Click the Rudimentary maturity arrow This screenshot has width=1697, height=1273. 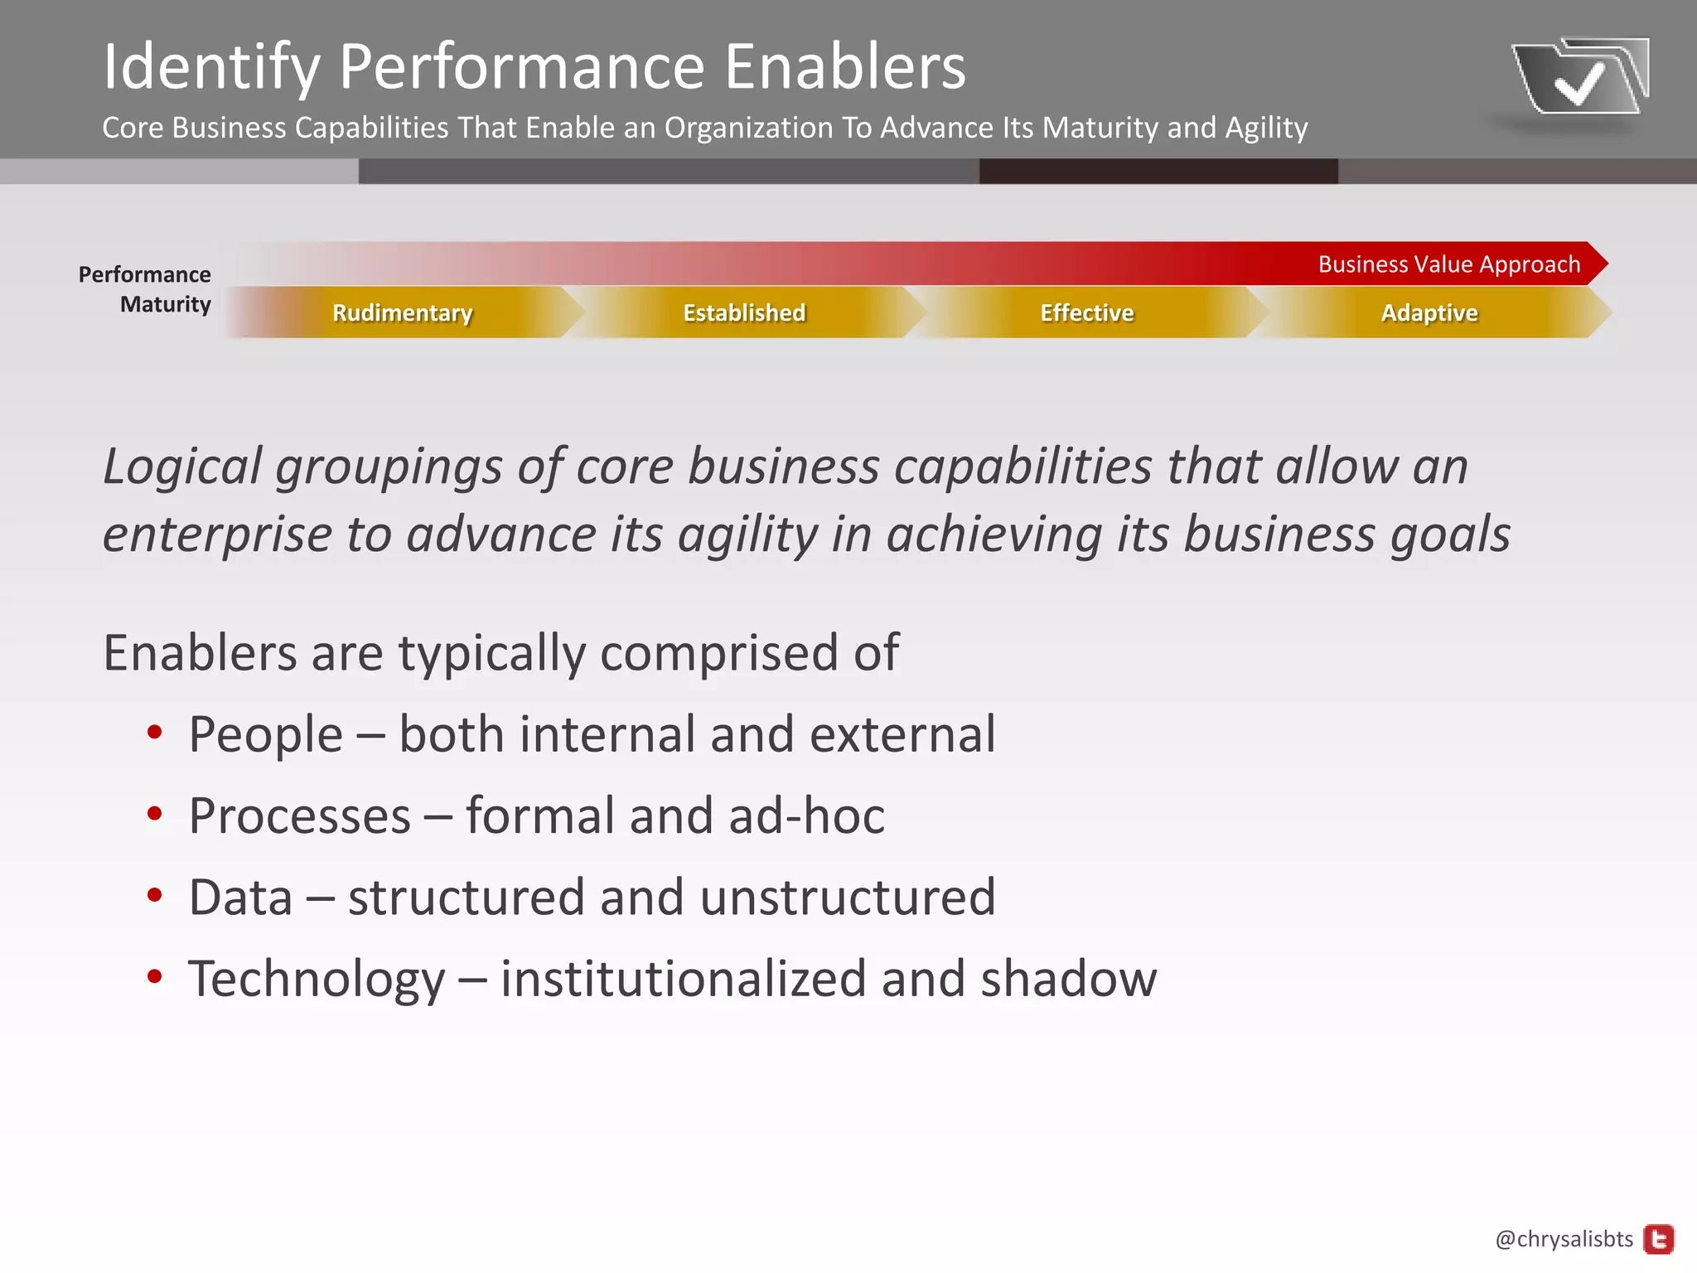click(x=403, y=312)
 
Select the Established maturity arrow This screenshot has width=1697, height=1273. click(x=744, y=312)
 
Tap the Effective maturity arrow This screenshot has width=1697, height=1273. click(x=1086, y=312)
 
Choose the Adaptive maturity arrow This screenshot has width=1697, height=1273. click(x=1429, y=312)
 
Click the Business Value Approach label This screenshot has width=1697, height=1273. click(x=1448, y=264)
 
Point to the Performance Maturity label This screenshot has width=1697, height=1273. click(x=145, y=289)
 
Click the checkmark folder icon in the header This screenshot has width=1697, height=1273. click(x=1579, y=78)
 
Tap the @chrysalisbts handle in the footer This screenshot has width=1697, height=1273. click(x=1564, y=1239)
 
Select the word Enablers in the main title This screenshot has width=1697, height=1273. click(x=845, y=67)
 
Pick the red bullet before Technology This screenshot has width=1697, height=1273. click(x=154, y=976)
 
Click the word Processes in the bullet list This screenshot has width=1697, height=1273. click(x=299, y=816)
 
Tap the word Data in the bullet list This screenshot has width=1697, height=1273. click(x=240, y=898)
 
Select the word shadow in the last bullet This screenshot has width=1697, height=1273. click(x=1068, y=979)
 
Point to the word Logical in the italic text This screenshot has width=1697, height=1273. click(x=182, y=467)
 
